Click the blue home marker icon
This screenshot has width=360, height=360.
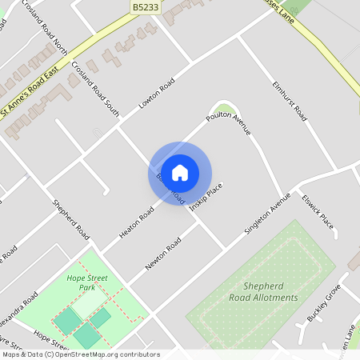[180, 172]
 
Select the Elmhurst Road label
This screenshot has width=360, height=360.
[290, 101]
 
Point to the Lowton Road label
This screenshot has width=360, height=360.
[156, 96]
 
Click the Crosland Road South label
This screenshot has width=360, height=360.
[95, 89]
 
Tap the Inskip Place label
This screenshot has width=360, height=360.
[206, 196]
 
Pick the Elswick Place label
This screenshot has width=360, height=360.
[318, 210]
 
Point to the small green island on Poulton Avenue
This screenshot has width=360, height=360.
[225, 109]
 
